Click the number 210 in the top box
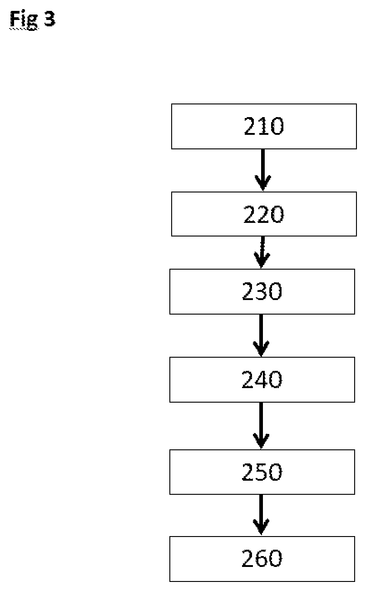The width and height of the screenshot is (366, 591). pyautogui.click(x=264, y=126)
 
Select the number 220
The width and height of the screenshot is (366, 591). pyautogui.click(x=264, y=214)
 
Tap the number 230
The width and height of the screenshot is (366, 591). pyautogui.click(x=262, y=291)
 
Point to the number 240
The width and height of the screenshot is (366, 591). pyautogui.click(x=262, y=379)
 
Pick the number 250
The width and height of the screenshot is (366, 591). pyautogui.click(x=262, y=472)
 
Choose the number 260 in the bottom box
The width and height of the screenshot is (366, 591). pyautogui.click(x=262, y=558)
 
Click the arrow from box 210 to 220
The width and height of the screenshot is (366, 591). pyautogui.click(x=263, y=170)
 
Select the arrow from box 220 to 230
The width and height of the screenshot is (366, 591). pyautogui.click(x=262, y=252)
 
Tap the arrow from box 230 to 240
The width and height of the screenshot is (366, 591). pyautogui.click(x=261, y=335)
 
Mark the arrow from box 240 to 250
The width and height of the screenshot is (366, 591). pyautogui.click(x=261, y=426)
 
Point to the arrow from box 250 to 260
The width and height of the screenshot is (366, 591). pyautogui.click(x=261, y=515)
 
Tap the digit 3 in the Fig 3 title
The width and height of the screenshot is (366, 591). pyautogui.click(x=49, y=19)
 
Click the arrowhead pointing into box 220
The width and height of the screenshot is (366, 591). pyautogui.click(x=263, y=182)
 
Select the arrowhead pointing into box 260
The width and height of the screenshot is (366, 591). pyautogui.click(x=261, y=527)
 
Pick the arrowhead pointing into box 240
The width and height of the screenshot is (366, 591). pyautogui.click(x=261, y=348)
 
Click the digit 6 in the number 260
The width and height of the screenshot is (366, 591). pyautogui.click(x=262, y=558)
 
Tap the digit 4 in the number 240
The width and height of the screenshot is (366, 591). pyautogui.click(x=262, y=379)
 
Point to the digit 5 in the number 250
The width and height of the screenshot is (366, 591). pyautogui.click(x=262, y=472)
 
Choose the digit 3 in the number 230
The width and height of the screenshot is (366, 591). pyautogui.click(x=262, y=291)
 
